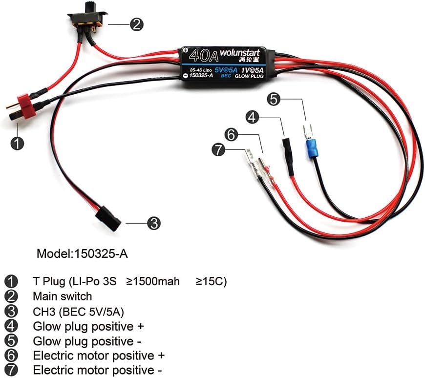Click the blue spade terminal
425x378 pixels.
[x=311, y=147]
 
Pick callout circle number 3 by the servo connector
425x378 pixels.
[x=154, y=224]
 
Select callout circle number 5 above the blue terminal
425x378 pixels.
[x=275, y=99]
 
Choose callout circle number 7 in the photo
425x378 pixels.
[x=218, y=149]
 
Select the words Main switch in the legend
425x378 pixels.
[x=62, y=296]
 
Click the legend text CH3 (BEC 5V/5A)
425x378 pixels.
[x=75, y=311]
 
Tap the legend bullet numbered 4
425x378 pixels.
[x=11, y=326]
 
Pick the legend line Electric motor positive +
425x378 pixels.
[x=98, y=355]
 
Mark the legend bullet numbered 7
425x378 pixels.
[x=11, y=370]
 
